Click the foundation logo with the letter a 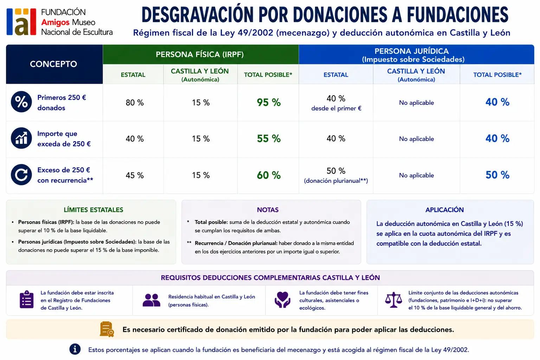(x=21, y=22)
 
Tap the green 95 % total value (x=269, y=102)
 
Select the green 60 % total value (x=269, y=175)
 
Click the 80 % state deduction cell (x=135, y=103)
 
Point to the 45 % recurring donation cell (x=135, y=175)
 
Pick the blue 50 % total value (x=497, y=175)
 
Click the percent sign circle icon (x=21, y=102)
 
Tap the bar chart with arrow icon (x=21, y=138)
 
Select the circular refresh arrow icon (x=21, y=175)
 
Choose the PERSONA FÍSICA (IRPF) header (x=200, y=54)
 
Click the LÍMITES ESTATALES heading (x=93, y=210)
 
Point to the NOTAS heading (x=268, y=210)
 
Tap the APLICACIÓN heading (x=444, y=210)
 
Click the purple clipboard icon (x=26, y=299)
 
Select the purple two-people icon (x=152, y=300)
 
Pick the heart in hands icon (x=282, y=300)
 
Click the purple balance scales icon (x=393, y=300)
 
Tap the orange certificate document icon (x=107, y=329)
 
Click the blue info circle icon (x=75, y=349)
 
